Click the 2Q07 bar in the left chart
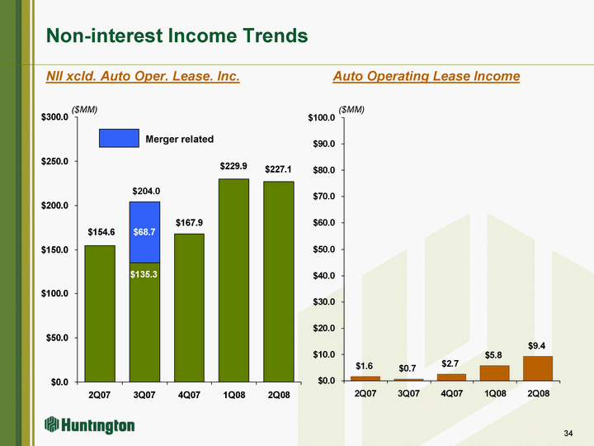point(100,313)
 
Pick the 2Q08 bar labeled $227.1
point(278,281)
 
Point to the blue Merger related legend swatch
point(119,139)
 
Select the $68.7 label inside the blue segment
point(144,233)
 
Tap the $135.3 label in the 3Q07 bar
point(144,273)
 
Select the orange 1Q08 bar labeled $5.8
point(493,372)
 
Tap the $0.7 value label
point(406,368)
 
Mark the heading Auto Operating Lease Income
point(426,76)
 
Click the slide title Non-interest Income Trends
point(177,36)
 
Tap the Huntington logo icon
point(54,425)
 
